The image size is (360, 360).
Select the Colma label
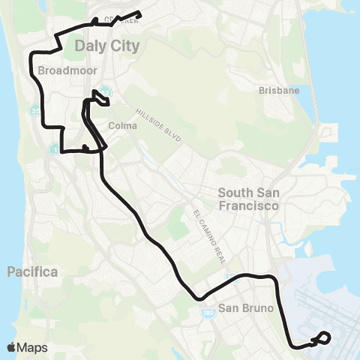coord(123,126)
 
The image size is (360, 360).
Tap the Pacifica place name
coord(32,272)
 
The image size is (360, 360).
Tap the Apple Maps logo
coord(27,347)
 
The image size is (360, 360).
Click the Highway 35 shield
coord(34,110)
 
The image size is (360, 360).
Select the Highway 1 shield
coord(53,149)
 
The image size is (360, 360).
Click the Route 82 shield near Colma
coord(106,92)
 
